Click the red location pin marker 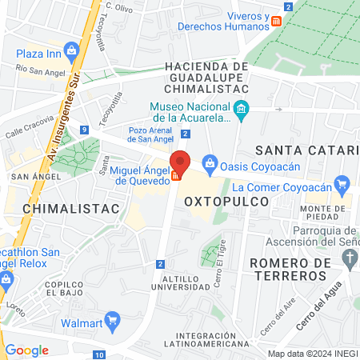pyautogui.click(x=181, y=162)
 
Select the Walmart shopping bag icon pyautogui.click(x=112, y=323)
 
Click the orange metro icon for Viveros pyautogui.click(x=276, y=21)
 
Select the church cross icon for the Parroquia pyautogui.click(x=348, y=258)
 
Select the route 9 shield pyautogui.click(x=84, y=130)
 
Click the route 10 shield pyautogui.click(x=98, y=354)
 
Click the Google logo pyautogui.click(x=27, y=350)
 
